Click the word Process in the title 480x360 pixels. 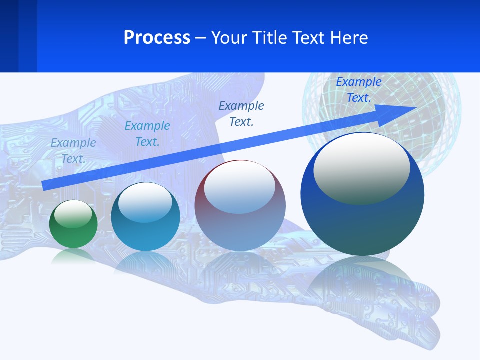tap(157, 38)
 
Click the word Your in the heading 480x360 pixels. tap(229, 38)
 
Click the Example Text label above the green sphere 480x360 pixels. tap(73, 150)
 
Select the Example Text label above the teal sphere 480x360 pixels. tap(147, 134)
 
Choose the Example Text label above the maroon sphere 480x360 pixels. tap(241, 113)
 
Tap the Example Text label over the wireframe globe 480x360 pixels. tap(359, 90)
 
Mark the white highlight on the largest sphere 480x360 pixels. tap(361, 167)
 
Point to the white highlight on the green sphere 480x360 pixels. tap(73, 214)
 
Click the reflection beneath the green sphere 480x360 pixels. tap(73, 256)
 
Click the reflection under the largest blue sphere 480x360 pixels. tap(362, 280)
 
